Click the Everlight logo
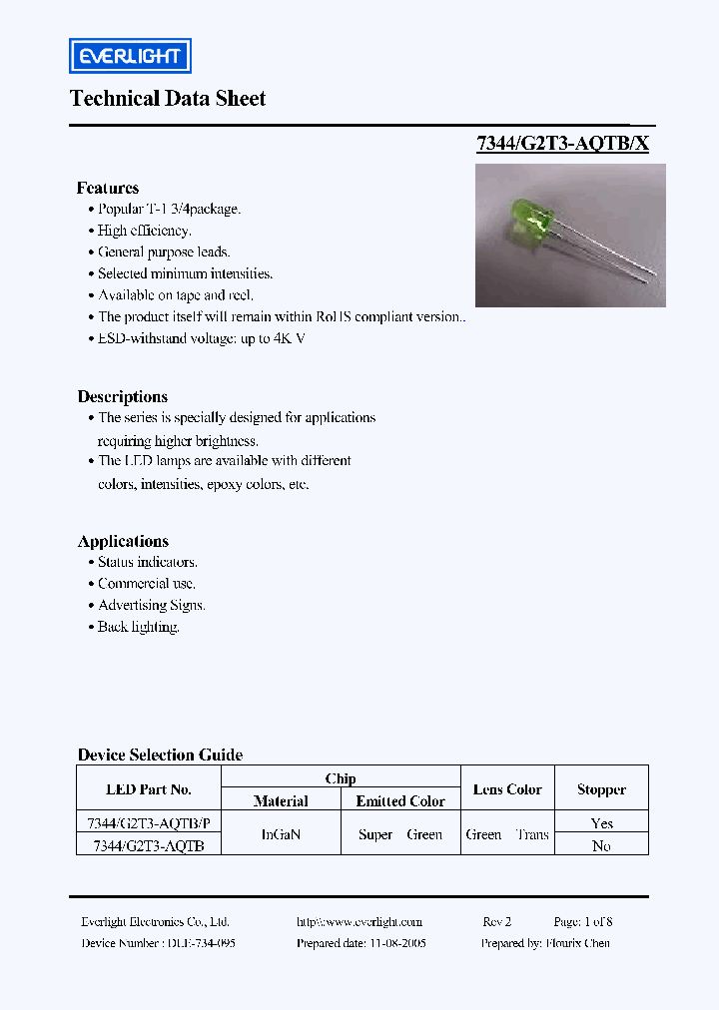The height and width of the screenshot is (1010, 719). coord(130,56)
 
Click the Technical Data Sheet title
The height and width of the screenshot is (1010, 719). coord(168,99)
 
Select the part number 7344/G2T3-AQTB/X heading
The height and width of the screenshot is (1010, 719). coord(562,143)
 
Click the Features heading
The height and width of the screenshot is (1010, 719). coord(108,188)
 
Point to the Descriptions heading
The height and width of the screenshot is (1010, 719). coord(123,396)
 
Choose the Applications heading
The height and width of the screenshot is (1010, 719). coord(123,541)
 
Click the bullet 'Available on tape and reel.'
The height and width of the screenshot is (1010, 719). coord(176,295)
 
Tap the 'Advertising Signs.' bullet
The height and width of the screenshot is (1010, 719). coord(151,605)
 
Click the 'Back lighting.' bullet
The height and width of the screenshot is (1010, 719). coord(138,627)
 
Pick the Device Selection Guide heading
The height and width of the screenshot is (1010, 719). coord(160,755)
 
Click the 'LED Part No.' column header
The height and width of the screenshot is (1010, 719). coord(149,789)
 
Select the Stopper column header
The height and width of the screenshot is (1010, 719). coord(601,789)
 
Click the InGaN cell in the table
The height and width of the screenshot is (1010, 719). coord(281,834)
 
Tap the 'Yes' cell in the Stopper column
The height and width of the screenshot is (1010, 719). coord(601,823)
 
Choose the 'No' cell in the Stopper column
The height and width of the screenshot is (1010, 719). coord(601,845)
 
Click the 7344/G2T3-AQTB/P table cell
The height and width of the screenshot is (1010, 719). coord(149,823)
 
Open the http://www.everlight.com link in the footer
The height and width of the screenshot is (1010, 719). coord(359,922)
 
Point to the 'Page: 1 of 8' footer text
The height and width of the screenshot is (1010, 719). coord(583,922)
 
